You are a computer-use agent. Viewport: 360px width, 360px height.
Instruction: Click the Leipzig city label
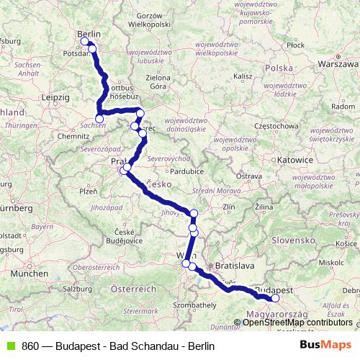[55, 96]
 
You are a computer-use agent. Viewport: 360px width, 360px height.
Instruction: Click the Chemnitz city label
[74, 135]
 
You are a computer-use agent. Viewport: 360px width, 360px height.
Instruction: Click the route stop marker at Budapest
[275, 298]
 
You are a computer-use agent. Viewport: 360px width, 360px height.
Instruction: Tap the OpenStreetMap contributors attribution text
[297, 322]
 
